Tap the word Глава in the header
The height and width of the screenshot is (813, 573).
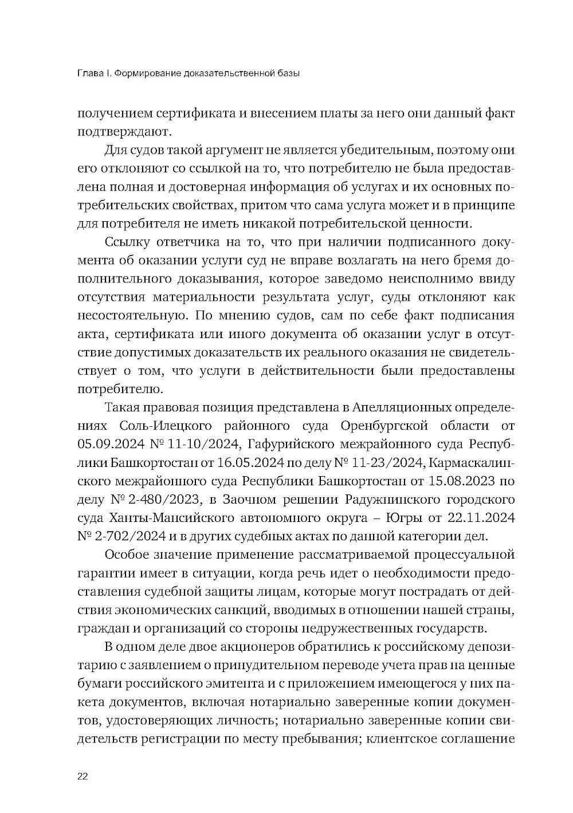(x=89, y=73)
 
